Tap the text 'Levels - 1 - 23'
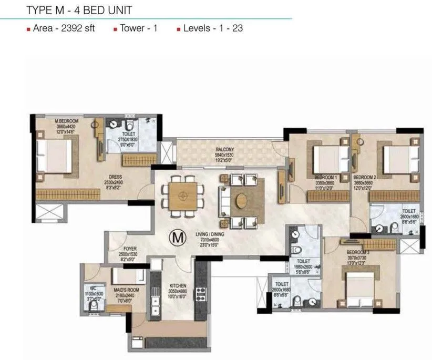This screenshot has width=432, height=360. (x=213, y=28)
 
